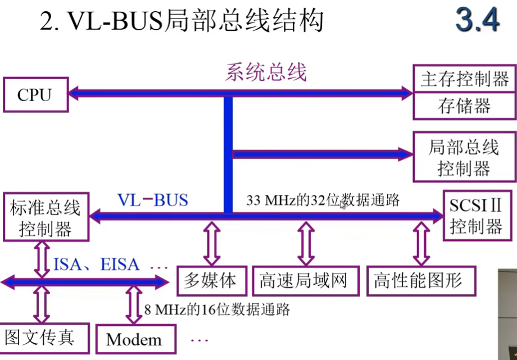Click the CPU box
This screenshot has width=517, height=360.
[34, 94]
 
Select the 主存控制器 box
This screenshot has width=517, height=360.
[464, 79]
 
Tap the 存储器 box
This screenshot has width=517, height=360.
[464, 106]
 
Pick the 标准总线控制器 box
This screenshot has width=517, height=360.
[46, 219]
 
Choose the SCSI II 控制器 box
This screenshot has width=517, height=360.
[475, 216]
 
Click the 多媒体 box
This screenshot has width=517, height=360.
[212, 280]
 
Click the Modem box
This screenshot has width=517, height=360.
[134, 339]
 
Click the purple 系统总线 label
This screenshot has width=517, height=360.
[266, 72]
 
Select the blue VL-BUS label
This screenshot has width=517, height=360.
[152, 200]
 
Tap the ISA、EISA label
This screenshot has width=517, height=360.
[97, 264]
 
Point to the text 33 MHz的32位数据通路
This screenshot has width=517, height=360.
[323, 200]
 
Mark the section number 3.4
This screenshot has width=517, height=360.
[478, 21]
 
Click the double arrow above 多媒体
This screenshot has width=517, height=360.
[212, 242]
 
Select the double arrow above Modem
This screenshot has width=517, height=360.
[134, 305]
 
